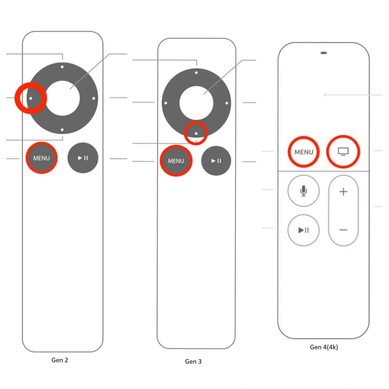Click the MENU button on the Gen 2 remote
(41, 158)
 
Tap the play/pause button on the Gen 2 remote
(83, 158)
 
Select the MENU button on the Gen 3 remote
(176, 161)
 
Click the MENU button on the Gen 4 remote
(304, 152)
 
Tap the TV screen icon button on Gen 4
(343, 151)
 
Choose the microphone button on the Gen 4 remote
(304, 191)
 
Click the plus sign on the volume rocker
(343, 192)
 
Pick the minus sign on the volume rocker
(343, 230)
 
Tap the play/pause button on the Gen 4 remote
(304, 230)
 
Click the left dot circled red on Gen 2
(31, 98)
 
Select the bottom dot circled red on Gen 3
(196, 134)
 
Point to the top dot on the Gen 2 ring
(62, 67)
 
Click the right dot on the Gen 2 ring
(94, 98)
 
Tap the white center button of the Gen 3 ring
(196, 103)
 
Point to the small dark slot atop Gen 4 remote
(323, 53)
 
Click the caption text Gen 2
(60, 360)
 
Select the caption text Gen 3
(193, 361)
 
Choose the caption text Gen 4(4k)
(324, 347)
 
